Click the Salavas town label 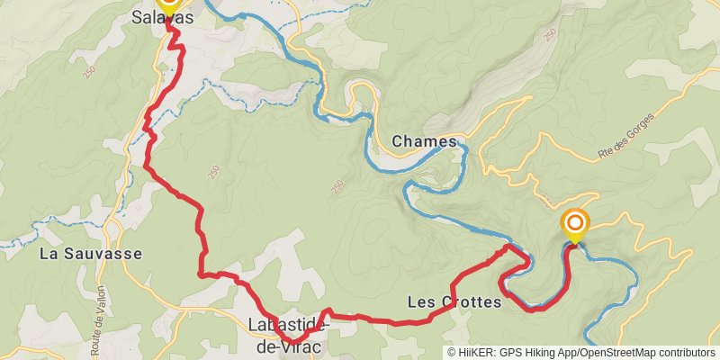coord(162,17)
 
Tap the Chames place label coord(424,141)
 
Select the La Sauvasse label coord(91,254)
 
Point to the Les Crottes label coord(454,302)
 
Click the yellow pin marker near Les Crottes coord(574,225)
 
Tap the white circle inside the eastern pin coord(574,220)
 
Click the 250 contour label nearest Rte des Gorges coord(549,34)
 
